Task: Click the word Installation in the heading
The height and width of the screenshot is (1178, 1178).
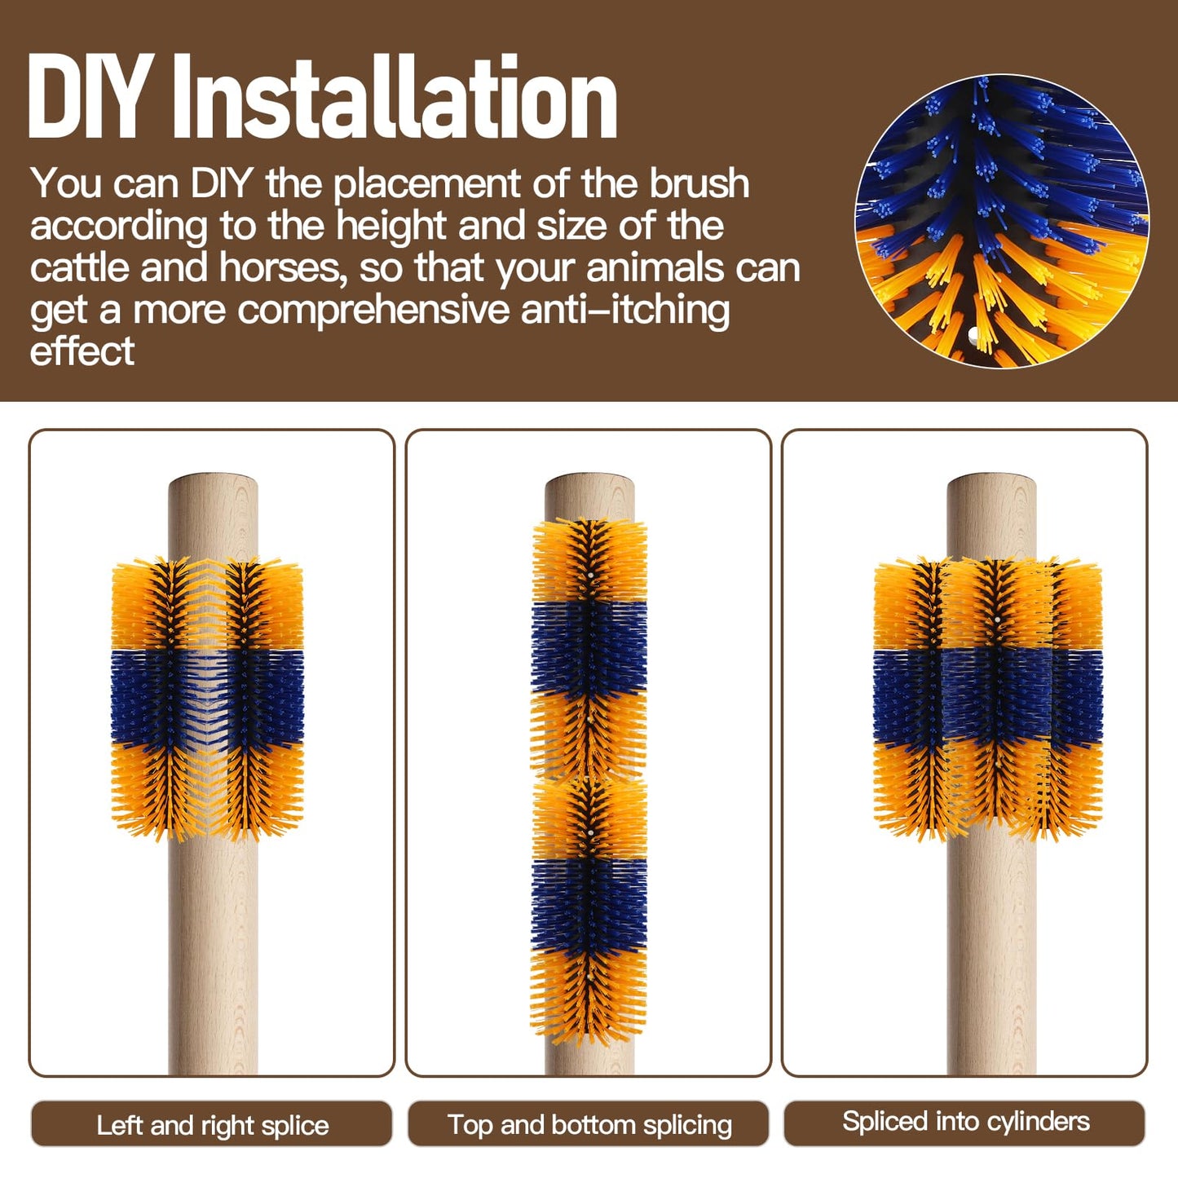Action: tap(395, 96)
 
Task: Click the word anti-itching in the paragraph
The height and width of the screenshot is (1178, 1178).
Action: tap(625, 309)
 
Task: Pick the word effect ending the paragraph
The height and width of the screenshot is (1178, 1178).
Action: tap(82, 351)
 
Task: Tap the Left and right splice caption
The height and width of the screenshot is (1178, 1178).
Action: tap(212, 1126)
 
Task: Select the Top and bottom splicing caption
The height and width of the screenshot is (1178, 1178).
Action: tap(589, 1126)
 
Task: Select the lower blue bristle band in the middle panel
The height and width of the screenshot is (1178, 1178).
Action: tap(589, 906)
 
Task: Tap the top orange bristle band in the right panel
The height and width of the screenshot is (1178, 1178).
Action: tap(989, 605)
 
